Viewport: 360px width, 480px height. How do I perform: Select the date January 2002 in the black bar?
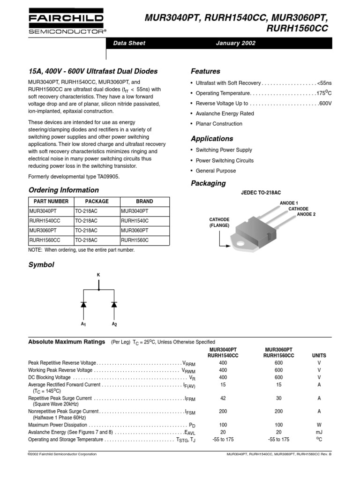(236, 43)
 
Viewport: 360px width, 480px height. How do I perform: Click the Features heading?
(205, 71)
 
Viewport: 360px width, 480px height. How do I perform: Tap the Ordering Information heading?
(64, 190)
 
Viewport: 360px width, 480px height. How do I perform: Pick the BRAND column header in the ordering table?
(144, 201)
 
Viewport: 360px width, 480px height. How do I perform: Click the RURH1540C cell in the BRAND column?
(135, 221)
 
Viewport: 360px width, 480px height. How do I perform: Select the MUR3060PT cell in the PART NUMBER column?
(43, 231)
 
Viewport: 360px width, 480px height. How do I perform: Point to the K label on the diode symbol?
(98, 274)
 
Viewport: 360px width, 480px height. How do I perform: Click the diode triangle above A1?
(83, 304)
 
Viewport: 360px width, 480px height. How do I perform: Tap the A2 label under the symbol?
(114, 324)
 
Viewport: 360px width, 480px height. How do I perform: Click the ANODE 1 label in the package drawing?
(289, 203)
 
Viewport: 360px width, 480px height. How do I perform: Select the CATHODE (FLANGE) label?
(219, 222)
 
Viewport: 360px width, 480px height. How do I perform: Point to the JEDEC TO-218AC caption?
(261, 193)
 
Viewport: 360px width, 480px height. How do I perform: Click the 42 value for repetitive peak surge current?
(223, 398)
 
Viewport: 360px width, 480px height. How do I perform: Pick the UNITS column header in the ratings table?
(319, 356)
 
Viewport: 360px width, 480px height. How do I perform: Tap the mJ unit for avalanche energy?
(319, 432)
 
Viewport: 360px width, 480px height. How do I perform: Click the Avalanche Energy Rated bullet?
(225, 113)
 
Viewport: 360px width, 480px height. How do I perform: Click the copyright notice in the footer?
(63, 454)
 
